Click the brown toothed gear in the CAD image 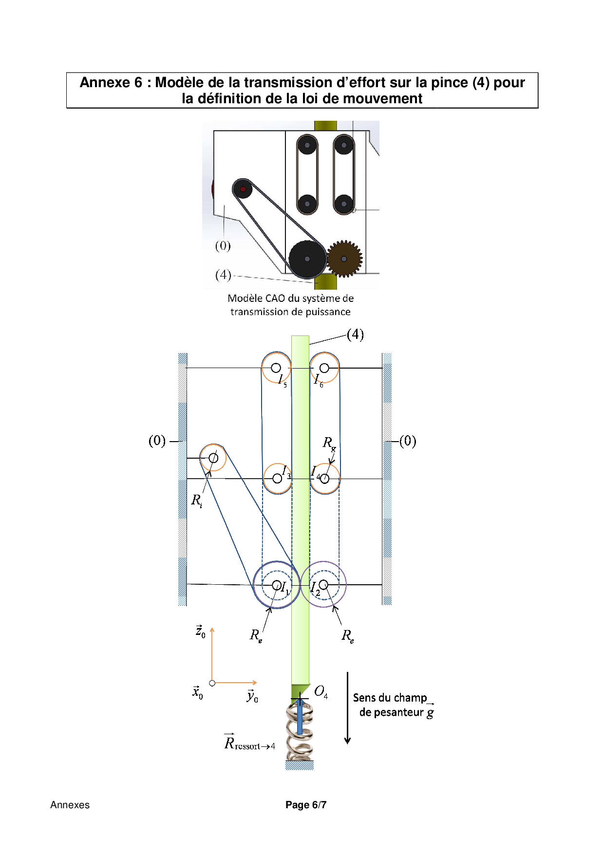click(x=344, y=259)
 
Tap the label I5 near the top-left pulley click(x=282, y=380)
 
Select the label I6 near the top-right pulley click(x=318, y=380)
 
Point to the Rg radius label click(x=329, y=444)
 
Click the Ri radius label click(x=196, y=501)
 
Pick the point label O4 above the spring click(x=321, y=692)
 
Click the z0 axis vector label click(x=200, y=631)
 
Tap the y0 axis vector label click(x=252, y=696)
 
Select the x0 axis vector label click(x=197, y=692)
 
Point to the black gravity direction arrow click(x=347, y=708)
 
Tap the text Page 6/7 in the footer click(x=305, y=805)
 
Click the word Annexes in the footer click(x=70, y=805)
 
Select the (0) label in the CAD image click(x=223, y=246)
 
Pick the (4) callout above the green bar click(x=355, y=334)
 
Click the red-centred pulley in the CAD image click(x=243, y=189)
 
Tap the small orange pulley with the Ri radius click(x=213, y=458)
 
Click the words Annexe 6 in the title click(x=111, y=83)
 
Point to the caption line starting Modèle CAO click(x=290, y=298)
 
